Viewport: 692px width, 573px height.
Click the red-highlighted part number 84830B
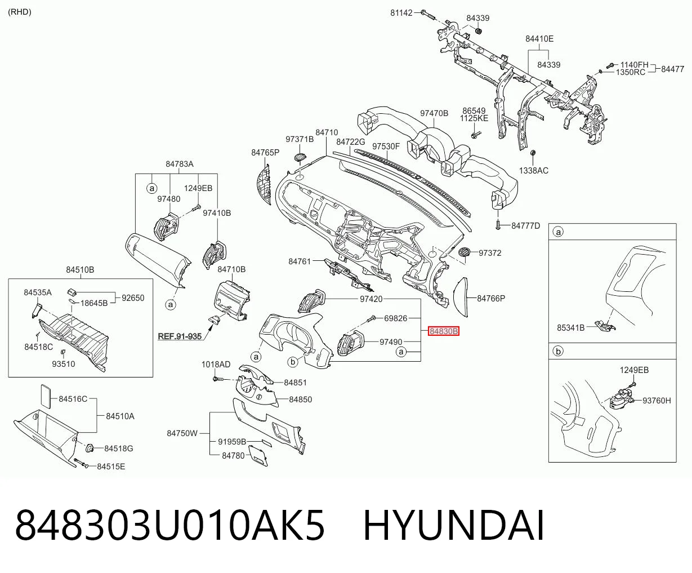444,331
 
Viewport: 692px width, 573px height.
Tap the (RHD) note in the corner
20,12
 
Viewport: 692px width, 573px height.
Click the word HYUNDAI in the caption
454,526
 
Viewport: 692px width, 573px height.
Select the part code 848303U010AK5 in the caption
169,526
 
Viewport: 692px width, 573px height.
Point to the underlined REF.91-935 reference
180,336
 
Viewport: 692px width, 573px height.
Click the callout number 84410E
539,39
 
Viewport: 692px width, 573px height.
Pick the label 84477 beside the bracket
672,69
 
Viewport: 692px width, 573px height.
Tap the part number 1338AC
534,171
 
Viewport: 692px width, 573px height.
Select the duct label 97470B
434,113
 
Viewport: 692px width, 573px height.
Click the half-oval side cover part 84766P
461,297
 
